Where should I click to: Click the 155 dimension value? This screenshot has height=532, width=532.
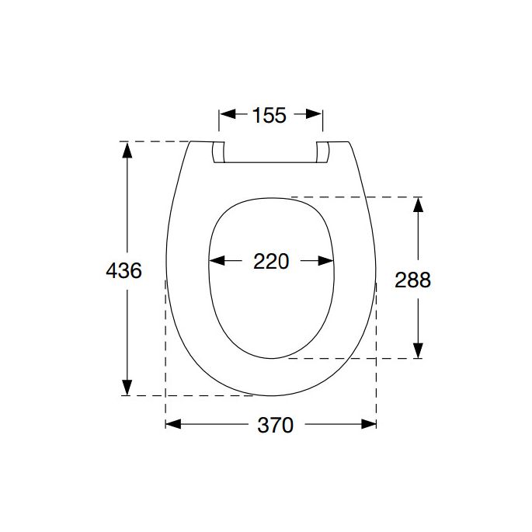point(269,116)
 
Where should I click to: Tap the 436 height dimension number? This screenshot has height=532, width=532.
point(123,270)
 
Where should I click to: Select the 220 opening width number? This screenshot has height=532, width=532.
point(271,262)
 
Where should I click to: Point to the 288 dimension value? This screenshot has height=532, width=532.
point(412,280)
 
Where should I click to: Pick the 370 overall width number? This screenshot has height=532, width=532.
point(275,425)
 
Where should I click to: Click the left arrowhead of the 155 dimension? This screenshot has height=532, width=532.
point(227,115)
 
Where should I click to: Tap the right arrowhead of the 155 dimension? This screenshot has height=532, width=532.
point(315,115)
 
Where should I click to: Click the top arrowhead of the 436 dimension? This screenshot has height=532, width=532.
point(127,149)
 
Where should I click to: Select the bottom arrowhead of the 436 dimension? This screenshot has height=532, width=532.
point(127,388)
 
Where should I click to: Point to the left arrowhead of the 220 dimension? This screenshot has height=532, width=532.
point(218,262)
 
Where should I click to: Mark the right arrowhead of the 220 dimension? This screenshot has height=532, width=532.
point(327,262)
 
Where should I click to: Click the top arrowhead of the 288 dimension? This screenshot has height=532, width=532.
point(418,205)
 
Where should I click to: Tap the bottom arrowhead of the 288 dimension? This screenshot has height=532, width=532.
point(418,350)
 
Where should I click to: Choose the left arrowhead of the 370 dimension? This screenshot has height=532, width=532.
point(173,424)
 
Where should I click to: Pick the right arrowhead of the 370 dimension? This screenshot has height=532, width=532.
point(369,424)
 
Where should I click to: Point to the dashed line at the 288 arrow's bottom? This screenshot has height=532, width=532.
point(349,358)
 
